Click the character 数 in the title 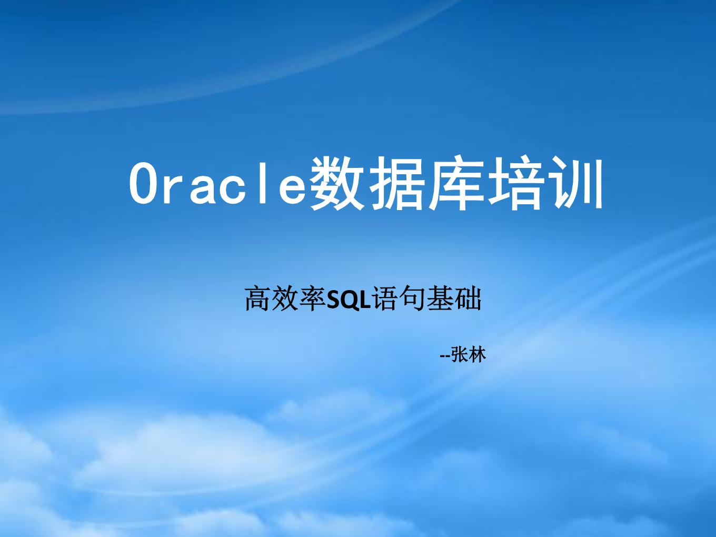336,183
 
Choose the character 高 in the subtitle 258,298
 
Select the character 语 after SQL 384,298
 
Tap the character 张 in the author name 460,355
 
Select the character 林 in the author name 477,355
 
